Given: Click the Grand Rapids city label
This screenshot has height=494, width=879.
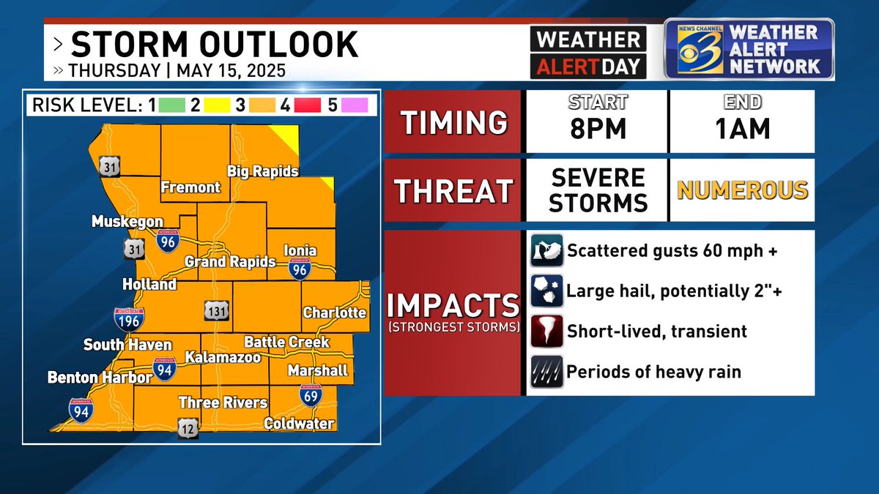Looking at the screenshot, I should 230,262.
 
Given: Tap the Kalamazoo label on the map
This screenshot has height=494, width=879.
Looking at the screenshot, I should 212,357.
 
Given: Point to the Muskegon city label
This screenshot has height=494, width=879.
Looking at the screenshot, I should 127,221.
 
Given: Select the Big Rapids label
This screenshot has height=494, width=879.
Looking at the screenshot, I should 263,171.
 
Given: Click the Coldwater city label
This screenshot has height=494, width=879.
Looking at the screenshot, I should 299,424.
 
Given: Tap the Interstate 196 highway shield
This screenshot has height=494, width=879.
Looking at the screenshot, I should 129,318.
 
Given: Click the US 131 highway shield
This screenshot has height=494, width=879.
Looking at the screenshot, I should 218,311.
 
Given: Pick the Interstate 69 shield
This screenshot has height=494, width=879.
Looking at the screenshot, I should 309,396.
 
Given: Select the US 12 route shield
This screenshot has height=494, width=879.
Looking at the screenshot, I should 188,428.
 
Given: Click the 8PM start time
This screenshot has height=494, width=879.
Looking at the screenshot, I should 598,129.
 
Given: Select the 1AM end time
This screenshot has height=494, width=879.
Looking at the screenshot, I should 743,129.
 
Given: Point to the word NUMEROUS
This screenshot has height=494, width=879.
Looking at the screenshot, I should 742,191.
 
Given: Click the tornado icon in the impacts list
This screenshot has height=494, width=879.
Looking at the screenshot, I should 546,331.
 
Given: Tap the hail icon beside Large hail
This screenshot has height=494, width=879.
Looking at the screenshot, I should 546,291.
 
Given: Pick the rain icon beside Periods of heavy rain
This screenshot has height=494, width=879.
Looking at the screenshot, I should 546,371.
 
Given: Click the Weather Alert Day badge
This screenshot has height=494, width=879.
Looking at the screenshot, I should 588,53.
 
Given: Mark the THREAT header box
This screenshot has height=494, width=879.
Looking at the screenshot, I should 453,191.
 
